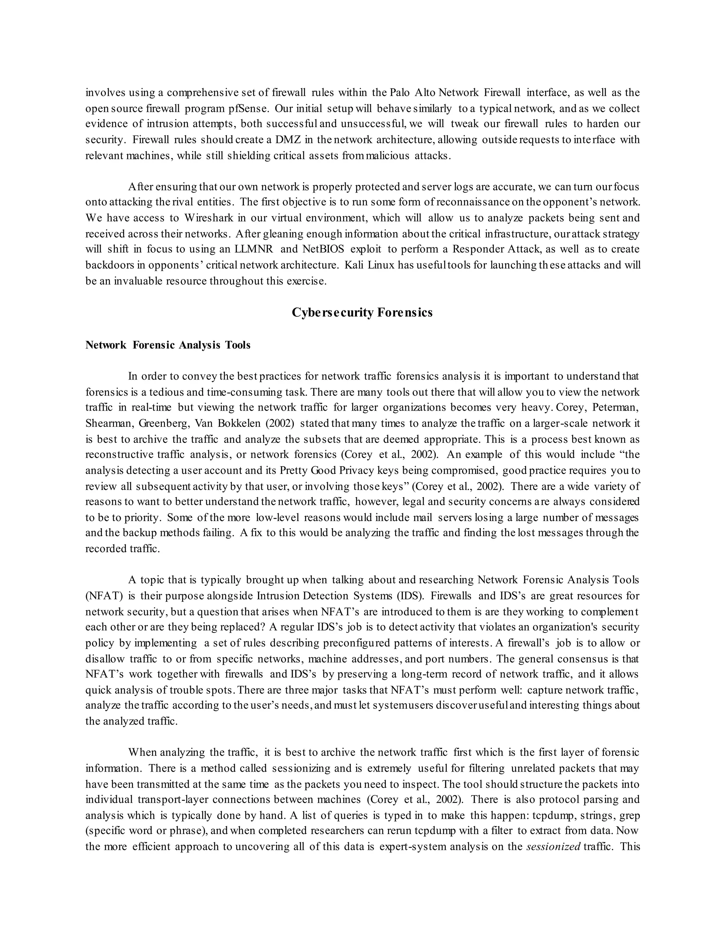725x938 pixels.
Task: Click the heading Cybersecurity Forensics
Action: pos(362,312)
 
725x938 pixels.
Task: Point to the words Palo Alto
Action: pos(415,92)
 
